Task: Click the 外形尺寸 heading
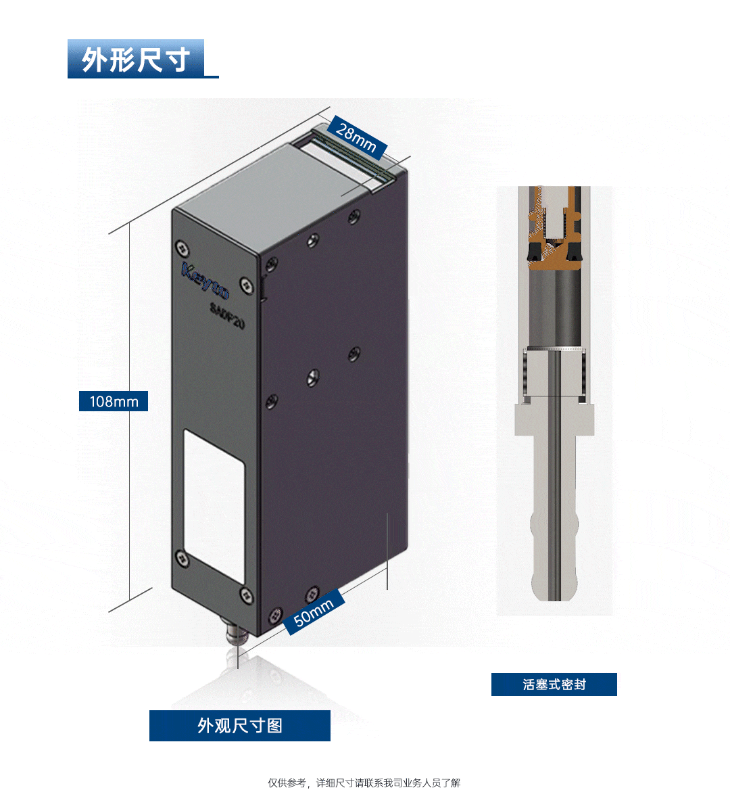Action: point(135,59)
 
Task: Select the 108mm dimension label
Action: point(114,401)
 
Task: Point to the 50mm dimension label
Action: point(314,612)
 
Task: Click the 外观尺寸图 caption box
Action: point(240,726)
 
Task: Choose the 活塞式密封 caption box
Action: point(554,685)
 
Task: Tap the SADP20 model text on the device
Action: point(227,315)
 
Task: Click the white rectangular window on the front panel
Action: point(214,505)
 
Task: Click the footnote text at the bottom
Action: point(364,783)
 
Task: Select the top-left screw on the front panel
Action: point(181,248)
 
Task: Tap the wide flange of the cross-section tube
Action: point(554,419)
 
